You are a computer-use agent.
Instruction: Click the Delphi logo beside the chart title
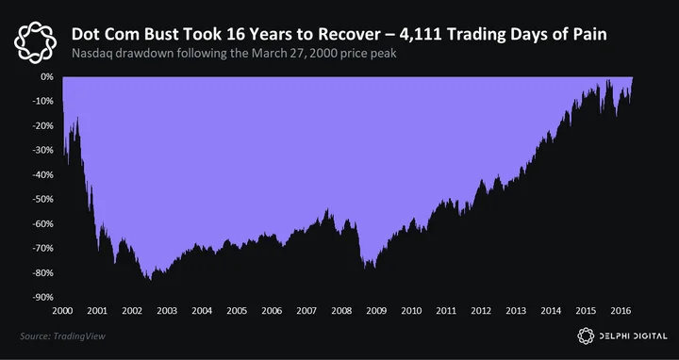click(x=35, y=42)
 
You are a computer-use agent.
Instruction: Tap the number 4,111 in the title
click(x=420, y=35)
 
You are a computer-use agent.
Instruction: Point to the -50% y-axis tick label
click(x=42, y=199)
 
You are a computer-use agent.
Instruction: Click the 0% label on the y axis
click(x=48, y=76)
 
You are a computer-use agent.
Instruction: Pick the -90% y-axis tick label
click(x=42, y=297)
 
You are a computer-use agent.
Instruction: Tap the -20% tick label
click(x=42, y=125)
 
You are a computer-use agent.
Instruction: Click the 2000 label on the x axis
click(x=62, y=311)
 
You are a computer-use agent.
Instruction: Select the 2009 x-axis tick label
click(x=376, y=311)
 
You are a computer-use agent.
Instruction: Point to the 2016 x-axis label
click(x=621, y=311)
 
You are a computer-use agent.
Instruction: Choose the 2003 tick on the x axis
click(x=167, y=311)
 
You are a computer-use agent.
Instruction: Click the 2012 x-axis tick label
click(x=481, y=311)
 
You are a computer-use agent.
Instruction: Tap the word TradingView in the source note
click(x=79, y=336)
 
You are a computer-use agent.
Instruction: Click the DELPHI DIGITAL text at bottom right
click(x=633, y=335)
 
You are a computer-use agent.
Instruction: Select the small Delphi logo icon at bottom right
click(x=586, y=335)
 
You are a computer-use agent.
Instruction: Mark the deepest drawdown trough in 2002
click(x=150, y=280)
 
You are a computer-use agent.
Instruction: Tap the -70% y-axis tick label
click(x=42, y=248)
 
